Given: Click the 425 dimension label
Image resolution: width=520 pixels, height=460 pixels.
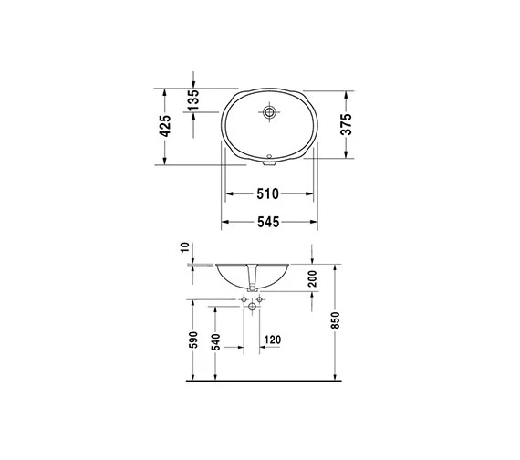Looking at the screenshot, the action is (x=165, y=126).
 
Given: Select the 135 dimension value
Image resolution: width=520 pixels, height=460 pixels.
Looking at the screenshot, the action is (x=193, y=99).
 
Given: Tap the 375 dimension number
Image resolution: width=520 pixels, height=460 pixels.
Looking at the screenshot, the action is (x=346, y=124).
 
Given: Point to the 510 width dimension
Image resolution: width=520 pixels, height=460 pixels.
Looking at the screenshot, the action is (x=268, y=193).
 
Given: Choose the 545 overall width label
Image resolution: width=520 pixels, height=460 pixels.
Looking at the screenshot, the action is (x=268, y=222).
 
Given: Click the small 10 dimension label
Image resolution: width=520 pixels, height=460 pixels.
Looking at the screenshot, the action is (x=185, y=247).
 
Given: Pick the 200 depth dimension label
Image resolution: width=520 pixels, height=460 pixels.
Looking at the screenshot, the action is (x=312, y=278).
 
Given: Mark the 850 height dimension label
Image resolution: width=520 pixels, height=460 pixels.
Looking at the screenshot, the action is (x=336, y=320).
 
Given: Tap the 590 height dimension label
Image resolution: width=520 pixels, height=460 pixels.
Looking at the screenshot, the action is (x=193, y=340).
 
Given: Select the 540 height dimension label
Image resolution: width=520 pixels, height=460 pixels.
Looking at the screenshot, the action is (x=215, y=342).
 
